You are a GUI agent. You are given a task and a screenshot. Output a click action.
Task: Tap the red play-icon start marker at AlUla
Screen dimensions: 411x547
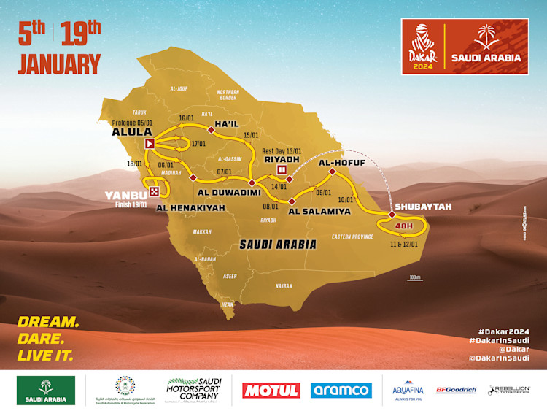pos(150,145)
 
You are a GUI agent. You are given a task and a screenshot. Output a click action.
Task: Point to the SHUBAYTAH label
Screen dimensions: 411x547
pos(423,207)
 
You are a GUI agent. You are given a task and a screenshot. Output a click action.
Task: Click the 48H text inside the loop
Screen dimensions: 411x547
pos(403,226)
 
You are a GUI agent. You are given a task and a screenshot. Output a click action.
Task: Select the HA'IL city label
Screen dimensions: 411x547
pos(227,124)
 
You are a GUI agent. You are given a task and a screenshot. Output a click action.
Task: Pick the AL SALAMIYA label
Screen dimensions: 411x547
pos(319,211)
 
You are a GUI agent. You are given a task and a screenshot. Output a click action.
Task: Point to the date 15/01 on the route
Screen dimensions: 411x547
pos(252,135)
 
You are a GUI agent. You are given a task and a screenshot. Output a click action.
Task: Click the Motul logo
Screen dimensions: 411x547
pos(271,391)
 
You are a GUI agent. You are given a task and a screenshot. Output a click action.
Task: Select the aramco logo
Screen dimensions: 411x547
pos(341,391)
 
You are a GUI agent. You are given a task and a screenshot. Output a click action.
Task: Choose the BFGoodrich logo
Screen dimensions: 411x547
pos(456,391)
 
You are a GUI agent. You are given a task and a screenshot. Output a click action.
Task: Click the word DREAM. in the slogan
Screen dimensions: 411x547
pos(48,322)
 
